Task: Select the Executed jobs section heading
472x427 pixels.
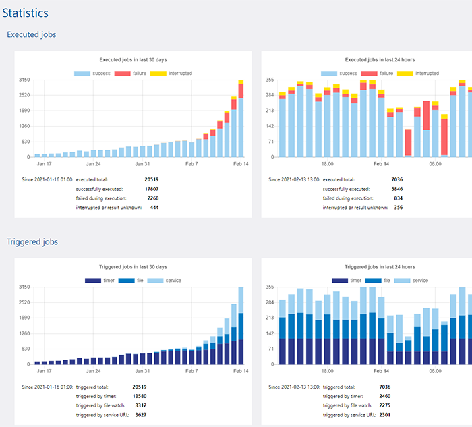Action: point(31,34)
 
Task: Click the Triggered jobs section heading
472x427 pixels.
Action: point(32,241)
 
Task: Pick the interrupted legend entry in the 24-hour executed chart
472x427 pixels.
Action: point(417,73)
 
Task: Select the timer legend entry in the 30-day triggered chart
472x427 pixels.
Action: point(101,280)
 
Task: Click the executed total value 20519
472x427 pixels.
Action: point(152,179)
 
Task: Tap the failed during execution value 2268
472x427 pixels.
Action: point(153,198)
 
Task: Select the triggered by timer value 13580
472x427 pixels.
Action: point(152,396)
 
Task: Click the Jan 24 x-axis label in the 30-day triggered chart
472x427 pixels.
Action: point(93,371)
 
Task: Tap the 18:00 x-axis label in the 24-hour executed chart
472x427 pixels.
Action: point(327,164)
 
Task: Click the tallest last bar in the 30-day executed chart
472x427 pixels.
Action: point(241,119)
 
